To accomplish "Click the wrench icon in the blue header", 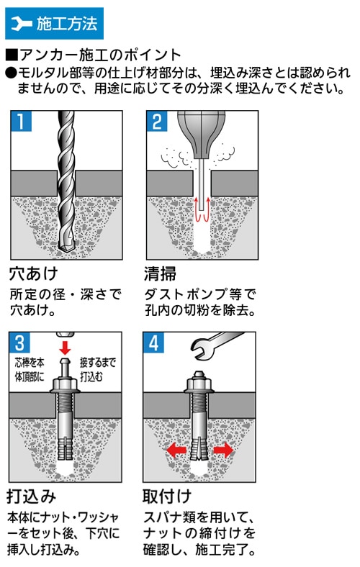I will [22, 24].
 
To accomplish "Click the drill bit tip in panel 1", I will [67, 249].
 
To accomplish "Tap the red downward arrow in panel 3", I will [65, 348].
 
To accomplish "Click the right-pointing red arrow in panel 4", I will [222, 450].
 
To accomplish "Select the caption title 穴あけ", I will [32, 274].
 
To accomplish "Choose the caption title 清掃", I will [160, 274].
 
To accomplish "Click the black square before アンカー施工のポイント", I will [10, 55].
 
